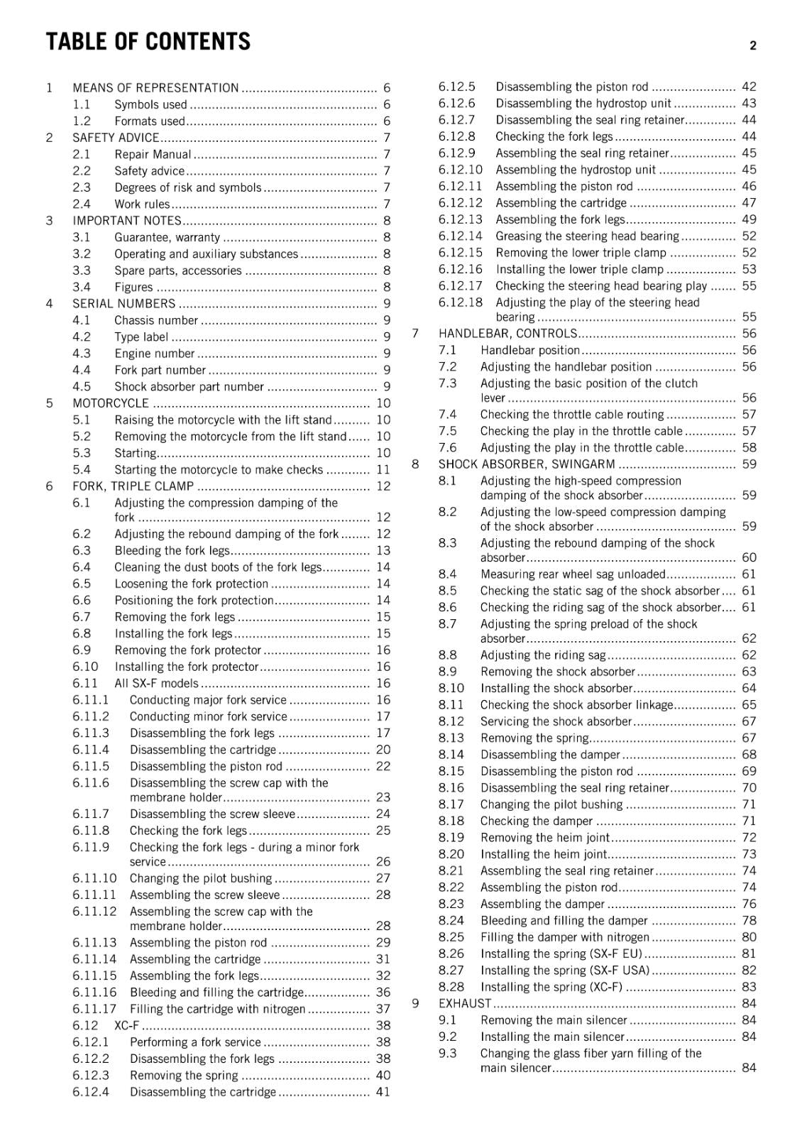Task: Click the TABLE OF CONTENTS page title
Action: coord(148,42)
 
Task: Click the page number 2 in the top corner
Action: coord(752,46)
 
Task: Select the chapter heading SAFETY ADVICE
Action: coord(116,138)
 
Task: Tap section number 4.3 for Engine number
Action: coord(82,354)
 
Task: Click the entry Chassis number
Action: coord(156,320)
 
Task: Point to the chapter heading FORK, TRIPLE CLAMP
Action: coord(133,486)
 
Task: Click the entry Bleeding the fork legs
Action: coord(172,551)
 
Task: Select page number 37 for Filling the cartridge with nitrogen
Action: coord(383,1009)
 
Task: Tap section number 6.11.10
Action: coord(94,878)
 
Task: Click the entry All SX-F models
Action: coord(156,683)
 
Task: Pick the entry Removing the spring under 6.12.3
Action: coord(184,1076)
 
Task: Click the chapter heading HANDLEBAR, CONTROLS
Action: coord(507,334)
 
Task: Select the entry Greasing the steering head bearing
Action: coord(588,236)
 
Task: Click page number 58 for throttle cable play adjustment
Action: coord(749,448)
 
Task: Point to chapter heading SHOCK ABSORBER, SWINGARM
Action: coord(527,464)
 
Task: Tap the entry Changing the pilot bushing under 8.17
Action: coord(551,804)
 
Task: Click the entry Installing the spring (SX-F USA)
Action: coord(565,971)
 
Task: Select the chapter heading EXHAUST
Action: coord(465,1004)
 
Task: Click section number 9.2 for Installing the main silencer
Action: coord(447,1037)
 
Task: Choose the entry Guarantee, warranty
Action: coord(167,238)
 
